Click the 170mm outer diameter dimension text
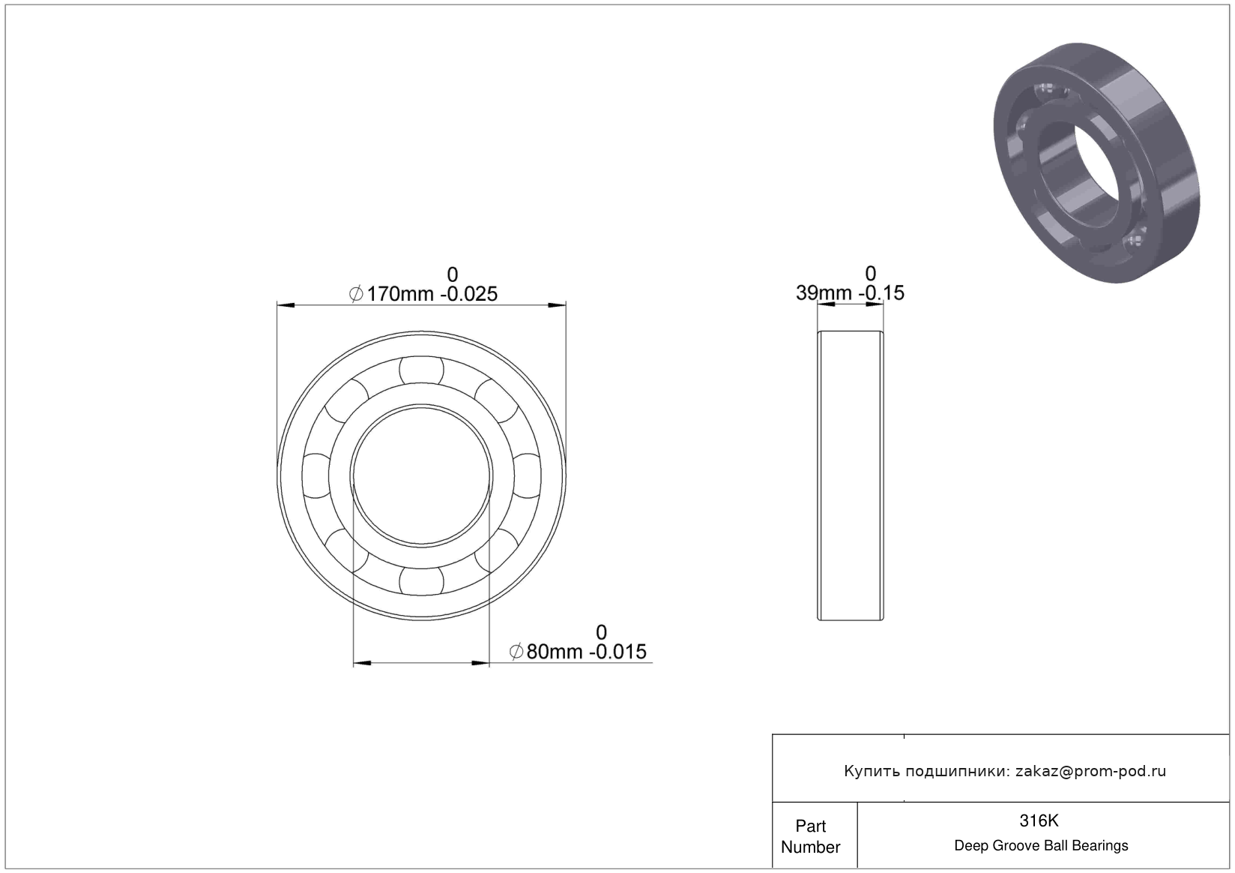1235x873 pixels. pyautogui.click(x=399, y=294)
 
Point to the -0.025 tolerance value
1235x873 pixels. pyautogui.click(x=468, y=294)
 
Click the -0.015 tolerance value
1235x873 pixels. pyautogui.click(x=617, y=652)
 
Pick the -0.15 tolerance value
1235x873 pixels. pyautogui.click(x=881, y=292)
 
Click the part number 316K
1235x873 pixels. pyautogui.click(x=1039, y=820)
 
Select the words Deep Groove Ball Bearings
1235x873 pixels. pyautogui.click(x=1041, y=845)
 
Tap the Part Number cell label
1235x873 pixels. pyautogui.click(x=811, y=836)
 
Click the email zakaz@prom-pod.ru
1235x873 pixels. pyautogui.click(x=1090, y=771)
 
